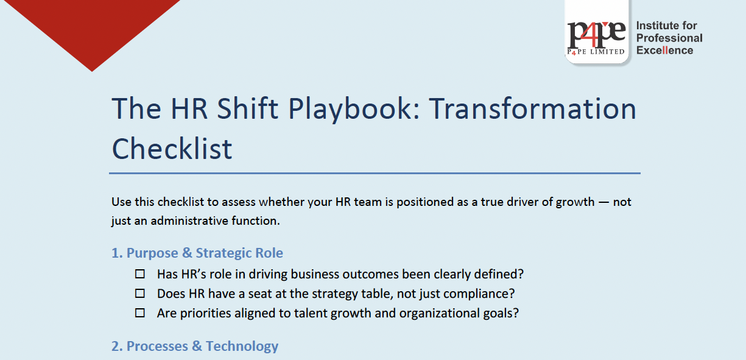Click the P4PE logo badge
coord(596,34)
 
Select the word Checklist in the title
coord(172,148)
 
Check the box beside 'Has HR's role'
coord(140,274)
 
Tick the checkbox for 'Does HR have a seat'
coord(140,294)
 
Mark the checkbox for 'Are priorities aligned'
coord(140,313)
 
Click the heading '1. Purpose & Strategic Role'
coord(197,253)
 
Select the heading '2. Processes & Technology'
coord(195,346)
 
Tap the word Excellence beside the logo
coord(664,51)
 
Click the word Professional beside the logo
coord(669,38)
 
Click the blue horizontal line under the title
coord(375,174)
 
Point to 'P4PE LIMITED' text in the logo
coord(596,52)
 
